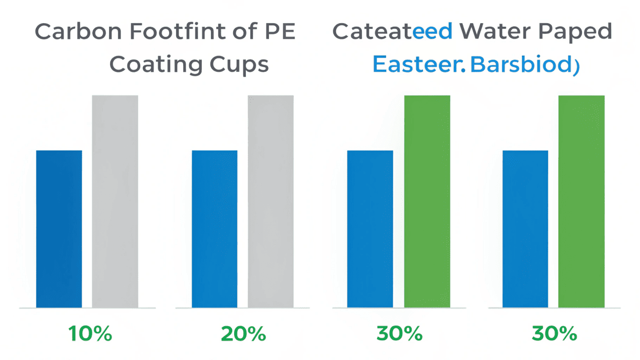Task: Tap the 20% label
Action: (x=243, y=334)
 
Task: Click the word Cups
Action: (x=240, y=66)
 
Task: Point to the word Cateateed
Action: (x=392, y=32)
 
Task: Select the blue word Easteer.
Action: (x=418, y=65)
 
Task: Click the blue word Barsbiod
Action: (x=520, y=65)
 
